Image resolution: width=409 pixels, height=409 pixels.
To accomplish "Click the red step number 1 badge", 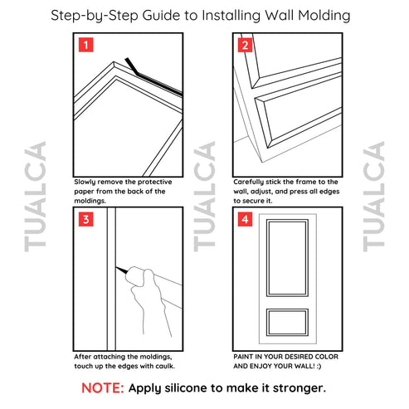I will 85,45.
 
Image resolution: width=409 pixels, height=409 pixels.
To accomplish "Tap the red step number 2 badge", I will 244,45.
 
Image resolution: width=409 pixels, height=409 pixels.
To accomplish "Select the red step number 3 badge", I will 85,220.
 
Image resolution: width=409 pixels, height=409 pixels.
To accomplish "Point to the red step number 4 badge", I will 244,220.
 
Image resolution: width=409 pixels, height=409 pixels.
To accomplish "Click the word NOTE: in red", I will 103,387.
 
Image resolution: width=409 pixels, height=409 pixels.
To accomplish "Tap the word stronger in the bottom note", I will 295,387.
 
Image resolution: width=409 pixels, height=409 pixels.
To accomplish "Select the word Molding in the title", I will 321,15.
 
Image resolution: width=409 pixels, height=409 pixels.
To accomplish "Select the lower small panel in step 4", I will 287,323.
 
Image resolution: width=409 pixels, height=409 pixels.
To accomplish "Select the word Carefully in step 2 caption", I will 252,181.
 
